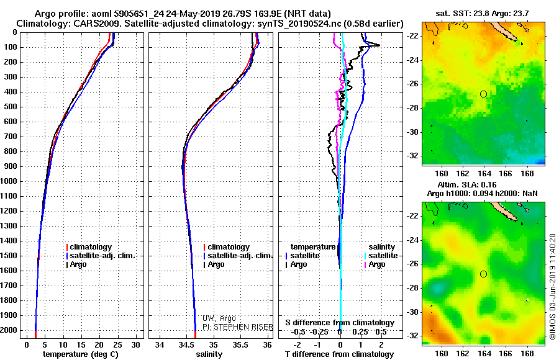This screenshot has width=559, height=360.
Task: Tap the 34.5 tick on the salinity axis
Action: pos(186,344)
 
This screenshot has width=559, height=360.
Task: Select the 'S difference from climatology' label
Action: pos(339,323)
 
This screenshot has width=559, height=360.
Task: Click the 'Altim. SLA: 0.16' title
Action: pos(482,186)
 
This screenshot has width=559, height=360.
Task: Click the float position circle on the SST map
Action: pos(483,94)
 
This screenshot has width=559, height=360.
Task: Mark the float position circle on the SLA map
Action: pos(483,274)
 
